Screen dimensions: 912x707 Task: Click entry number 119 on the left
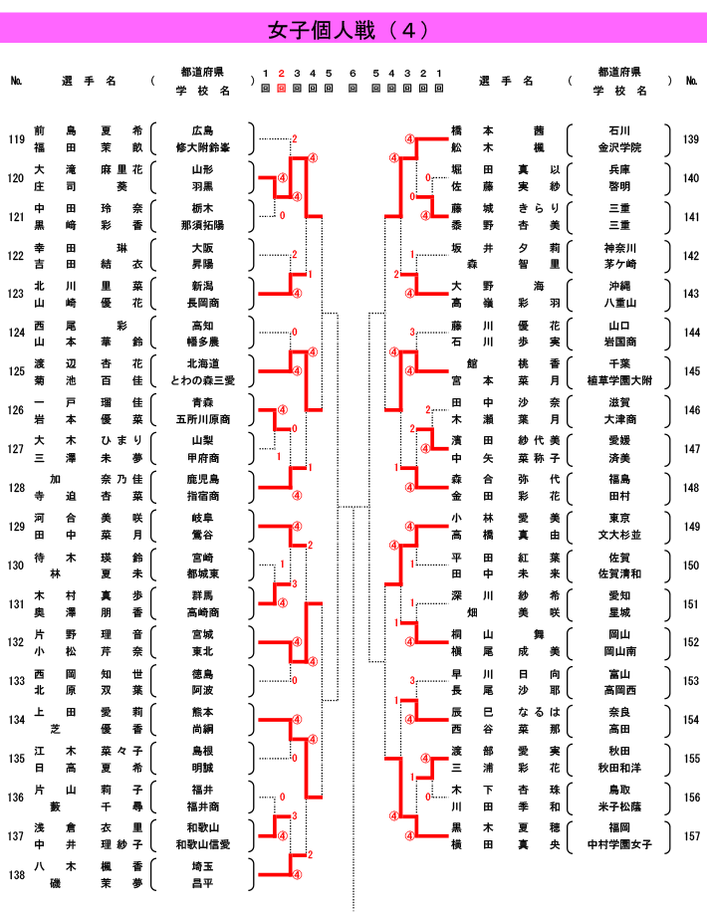click(x=16, y=139)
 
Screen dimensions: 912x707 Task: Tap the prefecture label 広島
click(x=202, y=130)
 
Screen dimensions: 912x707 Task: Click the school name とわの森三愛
click(x=202, y=380)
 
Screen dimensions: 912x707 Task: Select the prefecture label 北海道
click(x=202, y=363)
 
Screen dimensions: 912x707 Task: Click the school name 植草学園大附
click(x=618, y=380)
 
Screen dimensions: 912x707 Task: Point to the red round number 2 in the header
click(x=282, y=74)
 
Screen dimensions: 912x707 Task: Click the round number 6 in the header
click(x=353, y=74)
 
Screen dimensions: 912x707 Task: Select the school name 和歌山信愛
click(x=202, y=844)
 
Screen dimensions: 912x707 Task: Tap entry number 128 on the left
click(x=16, y=488)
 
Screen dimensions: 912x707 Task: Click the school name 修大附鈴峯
click(x=202, y=147)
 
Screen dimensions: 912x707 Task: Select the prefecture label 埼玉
click(x=202, y=866)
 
